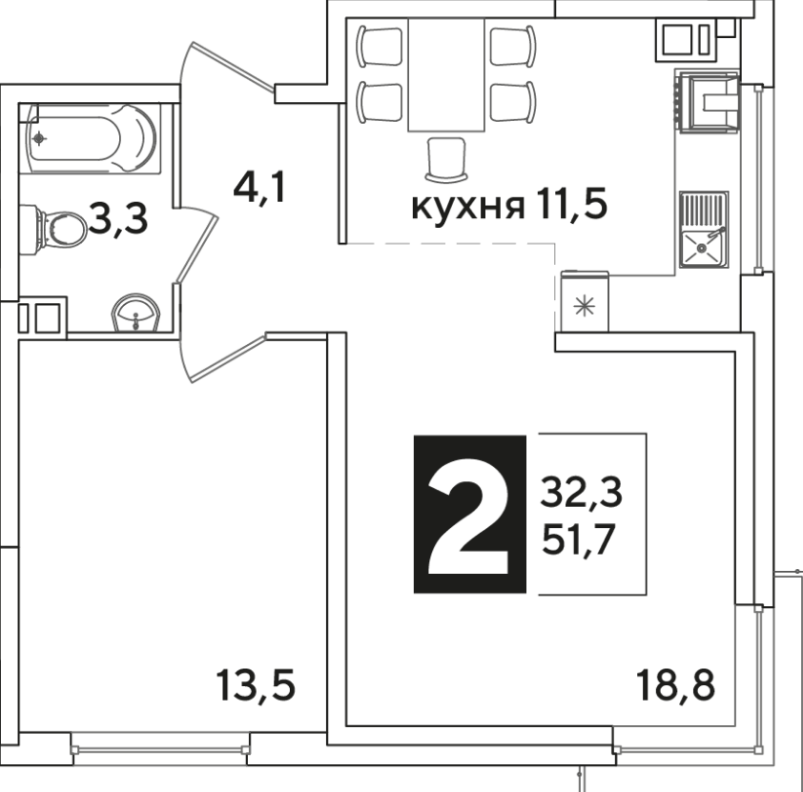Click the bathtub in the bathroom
coord(91,138)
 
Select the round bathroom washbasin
coord(135,313)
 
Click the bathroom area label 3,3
coord(118,219)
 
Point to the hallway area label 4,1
coord(259,189)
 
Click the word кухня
coord(468,207)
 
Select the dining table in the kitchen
coord(446,74)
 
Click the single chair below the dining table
coord(446,159)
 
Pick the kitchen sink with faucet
coord(704,230)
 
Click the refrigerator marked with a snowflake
coord(585,301)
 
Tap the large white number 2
coord(468,516)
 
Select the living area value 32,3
coord(582,493)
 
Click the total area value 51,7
coord(579,540)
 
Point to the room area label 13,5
coord(256,686)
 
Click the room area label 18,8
coord(675,685)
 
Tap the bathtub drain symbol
coord(39,138)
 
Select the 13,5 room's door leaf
coord(229,358)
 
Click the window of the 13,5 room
coord(160,749)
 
